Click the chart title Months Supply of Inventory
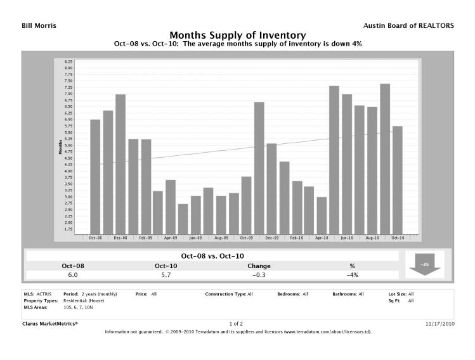point(238,35)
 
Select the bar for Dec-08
point(120,164)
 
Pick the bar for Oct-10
point(398,180)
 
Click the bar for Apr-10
point(322,215)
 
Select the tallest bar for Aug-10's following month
point(385,158)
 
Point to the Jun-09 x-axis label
point(196,238)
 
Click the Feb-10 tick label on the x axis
point(297,238)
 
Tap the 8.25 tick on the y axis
point(68,61)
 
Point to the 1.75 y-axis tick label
point(68,229)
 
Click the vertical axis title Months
point(60,146)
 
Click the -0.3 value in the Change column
point(259,275)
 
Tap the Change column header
point(259,266)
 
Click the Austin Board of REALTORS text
point(408,25)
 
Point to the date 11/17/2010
point(439,323)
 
